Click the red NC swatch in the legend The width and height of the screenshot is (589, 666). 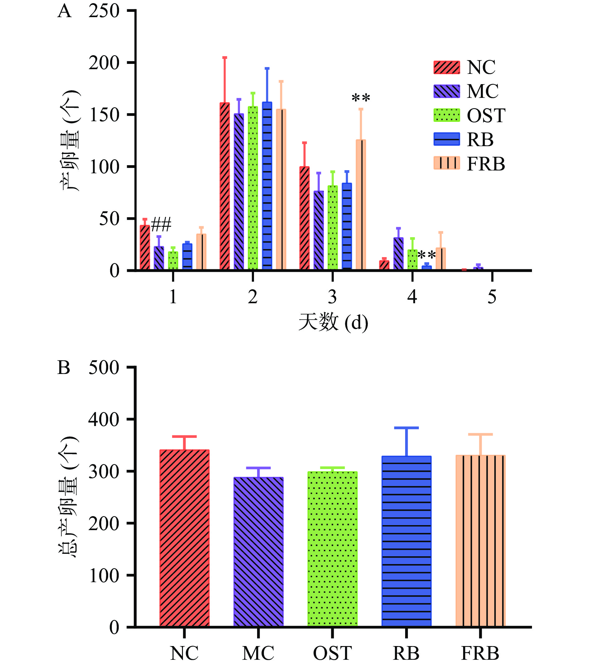[x=447, y=67]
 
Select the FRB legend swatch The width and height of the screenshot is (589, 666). [x=447, y=163]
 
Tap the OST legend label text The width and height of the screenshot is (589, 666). [x=486, y=116]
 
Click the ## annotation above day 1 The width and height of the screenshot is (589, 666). [x=161, y=225]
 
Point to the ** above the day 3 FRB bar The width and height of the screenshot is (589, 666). [x=361, y=98]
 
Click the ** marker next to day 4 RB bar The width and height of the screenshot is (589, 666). [x=426, y=255]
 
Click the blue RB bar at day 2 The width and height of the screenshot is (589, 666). [x=267, y=186]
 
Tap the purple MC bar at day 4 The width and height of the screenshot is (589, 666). [x=398, y=254]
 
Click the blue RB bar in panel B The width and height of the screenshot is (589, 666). [x=406, y=541]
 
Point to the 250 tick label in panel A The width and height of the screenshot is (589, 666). [x=104, y=12]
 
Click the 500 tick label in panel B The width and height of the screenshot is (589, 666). [x=104, y=368]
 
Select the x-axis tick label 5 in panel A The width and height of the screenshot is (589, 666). [x=492, y=297]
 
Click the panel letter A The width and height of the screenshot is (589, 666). [x=64, y=12]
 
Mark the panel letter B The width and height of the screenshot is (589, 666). [x=64, y=368]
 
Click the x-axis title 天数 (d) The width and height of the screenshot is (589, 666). [x=333, y=322]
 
